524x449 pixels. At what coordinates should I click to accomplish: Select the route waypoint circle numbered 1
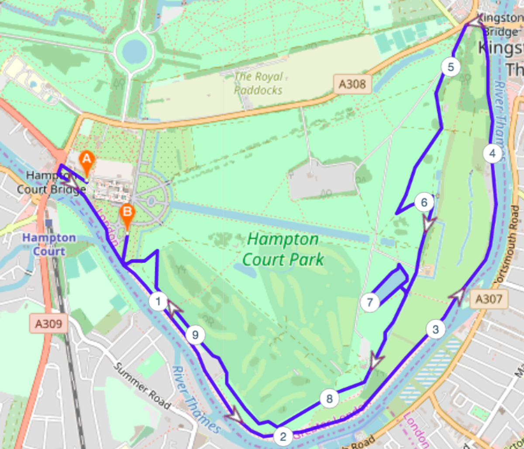tap(158, 301)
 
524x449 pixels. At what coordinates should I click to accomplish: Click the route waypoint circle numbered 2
tap(283, 436)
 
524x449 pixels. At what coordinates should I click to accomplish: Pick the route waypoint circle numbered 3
tap(435, 329)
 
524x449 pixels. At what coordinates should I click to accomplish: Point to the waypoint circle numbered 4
tap(493, 154)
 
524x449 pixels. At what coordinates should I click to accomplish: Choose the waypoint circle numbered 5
tap(451, 67)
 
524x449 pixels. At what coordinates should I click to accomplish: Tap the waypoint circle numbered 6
tap(424, 203)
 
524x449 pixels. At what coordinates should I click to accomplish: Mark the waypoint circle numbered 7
tap(370, 302)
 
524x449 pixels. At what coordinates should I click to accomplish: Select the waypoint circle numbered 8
tap(329, 399)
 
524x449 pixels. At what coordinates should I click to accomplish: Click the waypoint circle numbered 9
tap(195, 335)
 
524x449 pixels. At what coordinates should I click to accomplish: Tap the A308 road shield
tap(352, 84)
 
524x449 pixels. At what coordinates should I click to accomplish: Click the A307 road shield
tap(489, 299)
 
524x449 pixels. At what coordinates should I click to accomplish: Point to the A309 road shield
tap(48, 324)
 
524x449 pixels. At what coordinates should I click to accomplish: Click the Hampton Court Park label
tap(283, 249)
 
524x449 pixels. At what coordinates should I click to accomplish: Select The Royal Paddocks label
tap(259, 83)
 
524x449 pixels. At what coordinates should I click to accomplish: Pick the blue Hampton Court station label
tap(49, 244)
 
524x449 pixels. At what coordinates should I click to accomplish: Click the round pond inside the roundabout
tap(134, 51)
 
